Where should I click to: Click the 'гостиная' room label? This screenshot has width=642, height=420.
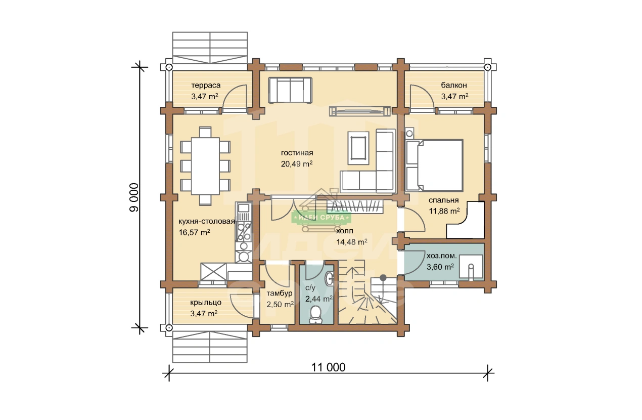(x=297, y=153)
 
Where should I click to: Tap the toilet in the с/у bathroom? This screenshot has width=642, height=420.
(x=316, y=314)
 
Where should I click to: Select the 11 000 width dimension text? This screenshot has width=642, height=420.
(x=328, y=367)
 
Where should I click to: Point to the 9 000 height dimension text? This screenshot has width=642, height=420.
(x=134, y=198)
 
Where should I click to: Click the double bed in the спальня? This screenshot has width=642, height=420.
(x=434, y=165)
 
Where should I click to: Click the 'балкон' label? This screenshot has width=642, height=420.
(x=454, y=85)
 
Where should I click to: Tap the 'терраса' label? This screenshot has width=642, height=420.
(x=206, y=85)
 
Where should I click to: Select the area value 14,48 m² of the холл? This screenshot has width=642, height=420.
(x=352, y=242)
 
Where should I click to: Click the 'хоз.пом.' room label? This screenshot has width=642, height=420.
(x=441, y=256)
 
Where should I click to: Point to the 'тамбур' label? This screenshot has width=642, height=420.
(x=280, y=293)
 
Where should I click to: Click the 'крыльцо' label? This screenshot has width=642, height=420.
(x=206, y=303)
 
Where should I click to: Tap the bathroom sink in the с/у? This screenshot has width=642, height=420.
(x=329, y=278)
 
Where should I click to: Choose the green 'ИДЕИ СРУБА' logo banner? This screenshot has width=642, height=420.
(x=322, y=218)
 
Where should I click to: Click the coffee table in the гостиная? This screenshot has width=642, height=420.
(x=358, y=148)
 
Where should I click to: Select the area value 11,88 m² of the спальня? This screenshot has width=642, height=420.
(x=444, y=211)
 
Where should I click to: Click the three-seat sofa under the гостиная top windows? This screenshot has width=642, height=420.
(x=290, y=90)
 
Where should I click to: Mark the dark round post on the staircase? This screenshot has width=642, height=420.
(x=383, y=278)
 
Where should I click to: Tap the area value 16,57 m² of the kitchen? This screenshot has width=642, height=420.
(x=194, y=232)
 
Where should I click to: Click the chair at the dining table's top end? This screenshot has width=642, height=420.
(x=205, y=132)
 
